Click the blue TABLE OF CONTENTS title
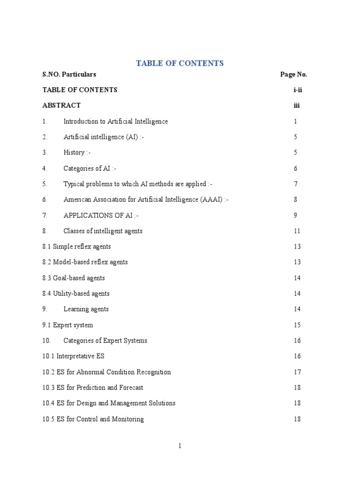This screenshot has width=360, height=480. [180, 63]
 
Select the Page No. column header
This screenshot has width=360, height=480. [293, 74]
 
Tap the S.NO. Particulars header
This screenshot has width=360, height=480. [69, 74]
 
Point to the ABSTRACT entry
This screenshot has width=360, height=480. [61, 105]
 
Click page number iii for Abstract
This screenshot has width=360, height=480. [296, 105]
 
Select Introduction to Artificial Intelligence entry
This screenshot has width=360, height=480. [115, 121]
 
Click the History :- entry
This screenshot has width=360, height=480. [77, 153]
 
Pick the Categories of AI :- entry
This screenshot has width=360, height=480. [90, 168]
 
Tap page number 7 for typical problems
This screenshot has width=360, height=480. [296, 184]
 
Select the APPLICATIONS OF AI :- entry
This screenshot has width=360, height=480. [101, 216]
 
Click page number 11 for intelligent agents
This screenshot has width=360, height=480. [297, 231]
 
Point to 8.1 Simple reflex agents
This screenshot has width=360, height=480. [76, 247]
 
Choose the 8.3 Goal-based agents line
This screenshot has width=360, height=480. [74, 278]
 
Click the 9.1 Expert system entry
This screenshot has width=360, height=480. [67, 325]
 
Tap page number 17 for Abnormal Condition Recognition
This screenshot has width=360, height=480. [297, 372]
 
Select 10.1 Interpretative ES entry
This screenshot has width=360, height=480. [74, 356]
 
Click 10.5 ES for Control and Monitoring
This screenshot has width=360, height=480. [93, 419]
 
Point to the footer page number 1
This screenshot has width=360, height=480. [180, 446]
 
